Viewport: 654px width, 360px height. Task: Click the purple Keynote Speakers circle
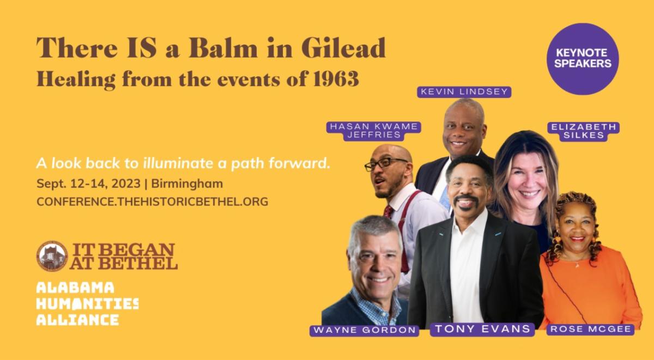tap(583, 59)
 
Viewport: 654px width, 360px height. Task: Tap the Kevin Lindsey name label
tap(464, 92)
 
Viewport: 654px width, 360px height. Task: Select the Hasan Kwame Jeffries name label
tap(374, 131)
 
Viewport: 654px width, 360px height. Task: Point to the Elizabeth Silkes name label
tap(584, 131)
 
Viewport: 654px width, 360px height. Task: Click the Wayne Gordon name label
tap(365, 330)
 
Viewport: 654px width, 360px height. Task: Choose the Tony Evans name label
tap(482, 329)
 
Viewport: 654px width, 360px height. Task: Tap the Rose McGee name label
tap(591, 330)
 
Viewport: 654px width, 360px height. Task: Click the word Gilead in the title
tap(343, 48)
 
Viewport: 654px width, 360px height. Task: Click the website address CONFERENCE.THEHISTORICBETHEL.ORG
tap(153, 202)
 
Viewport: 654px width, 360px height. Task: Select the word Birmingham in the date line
tap(187, 184)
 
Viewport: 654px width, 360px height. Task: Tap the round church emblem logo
tap(52, 256)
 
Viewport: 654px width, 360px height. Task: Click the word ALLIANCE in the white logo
tap(77, 320)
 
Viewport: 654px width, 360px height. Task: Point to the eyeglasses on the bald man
tap(385, 164)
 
